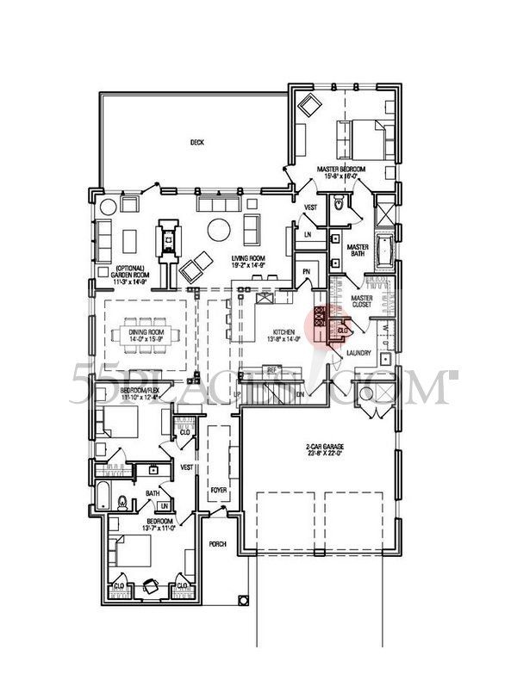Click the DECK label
click(x=196, y=142)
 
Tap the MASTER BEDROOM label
click(x=340, y=170)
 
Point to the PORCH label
click(x=218, y=545)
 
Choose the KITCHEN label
click(x=284, y=331)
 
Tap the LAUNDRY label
click(x=358, y=353)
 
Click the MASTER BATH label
click(x=358, y=251)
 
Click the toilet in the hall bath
click(x=122, y=501)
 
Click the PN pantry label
click(x=306, y=273)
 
